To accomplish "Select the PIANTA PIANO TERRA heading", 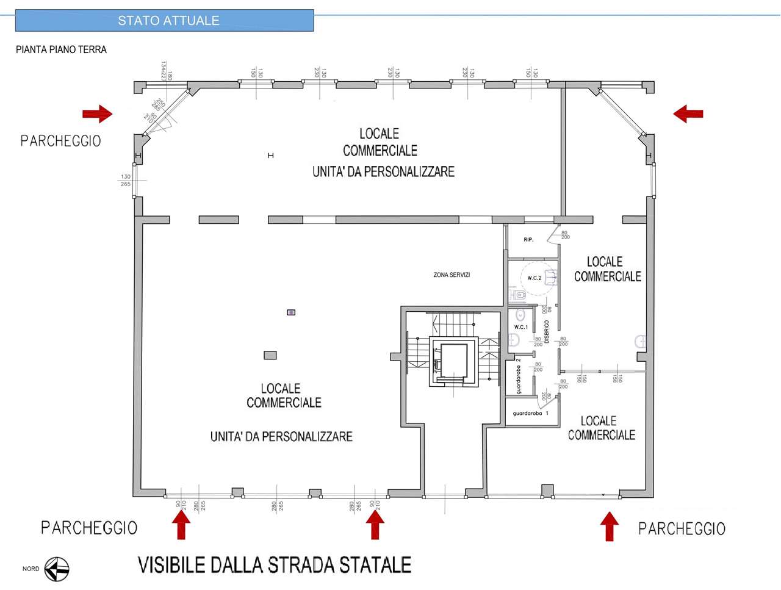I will pos(61,49).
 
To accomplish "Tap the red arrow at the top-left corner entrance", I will pos(98,113).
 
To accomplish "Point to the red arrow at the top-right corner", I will pos(688,113).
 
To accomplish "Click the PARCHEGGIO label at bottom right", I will pos(682,528).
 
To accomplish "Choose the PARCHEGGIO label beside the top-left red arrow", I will pos(60,141).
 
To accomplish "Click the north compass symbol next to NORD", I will pos(57,569).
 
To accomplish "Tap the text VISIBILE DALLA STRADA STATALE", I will pos(275,565).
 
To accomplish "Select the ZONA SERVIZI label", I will pos(452,275).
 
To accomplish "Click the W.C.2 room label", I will pos(534,278).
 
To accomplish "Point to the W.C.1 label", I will pos(521,327).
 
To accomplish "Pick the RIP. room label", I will pos(528,240).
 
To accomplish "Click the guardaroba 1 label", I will pos(530,414).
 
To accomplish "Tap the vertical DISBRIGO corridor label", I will pos(547,331).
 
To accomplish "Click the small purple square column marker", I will pos(291,312).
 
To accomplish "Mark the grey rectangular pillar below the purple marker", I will pos(270,355).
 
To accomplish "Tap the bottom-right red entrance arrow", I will pos(609,526).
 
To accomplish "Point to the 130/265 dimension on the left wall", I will pos(126,180).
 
